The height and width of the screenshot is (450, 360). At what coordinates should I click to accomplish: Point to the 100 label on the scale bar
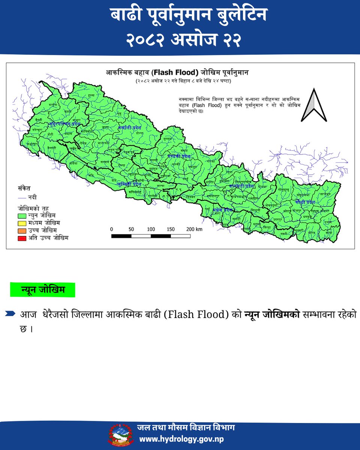coord(151,229)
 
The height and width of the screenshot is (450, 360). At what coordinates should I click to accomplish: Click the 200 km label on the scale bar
coord(194,229)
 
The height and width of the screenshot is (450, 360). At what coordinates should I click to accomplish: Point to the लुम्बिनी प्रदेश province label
coord(129,184)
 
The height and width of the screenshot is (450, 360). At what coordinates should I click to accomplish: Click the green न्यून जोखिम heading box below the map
coord(43,289)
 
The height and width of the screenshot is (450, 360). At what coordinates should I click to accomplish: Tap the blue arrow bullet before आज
coord(11,313)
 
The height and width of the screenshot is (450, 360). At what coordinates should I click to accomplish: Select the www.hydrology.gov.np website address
coord(182,439)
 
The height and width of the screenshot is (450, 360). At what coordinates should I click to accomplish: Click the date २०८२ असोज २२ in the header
coord(180,39)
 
